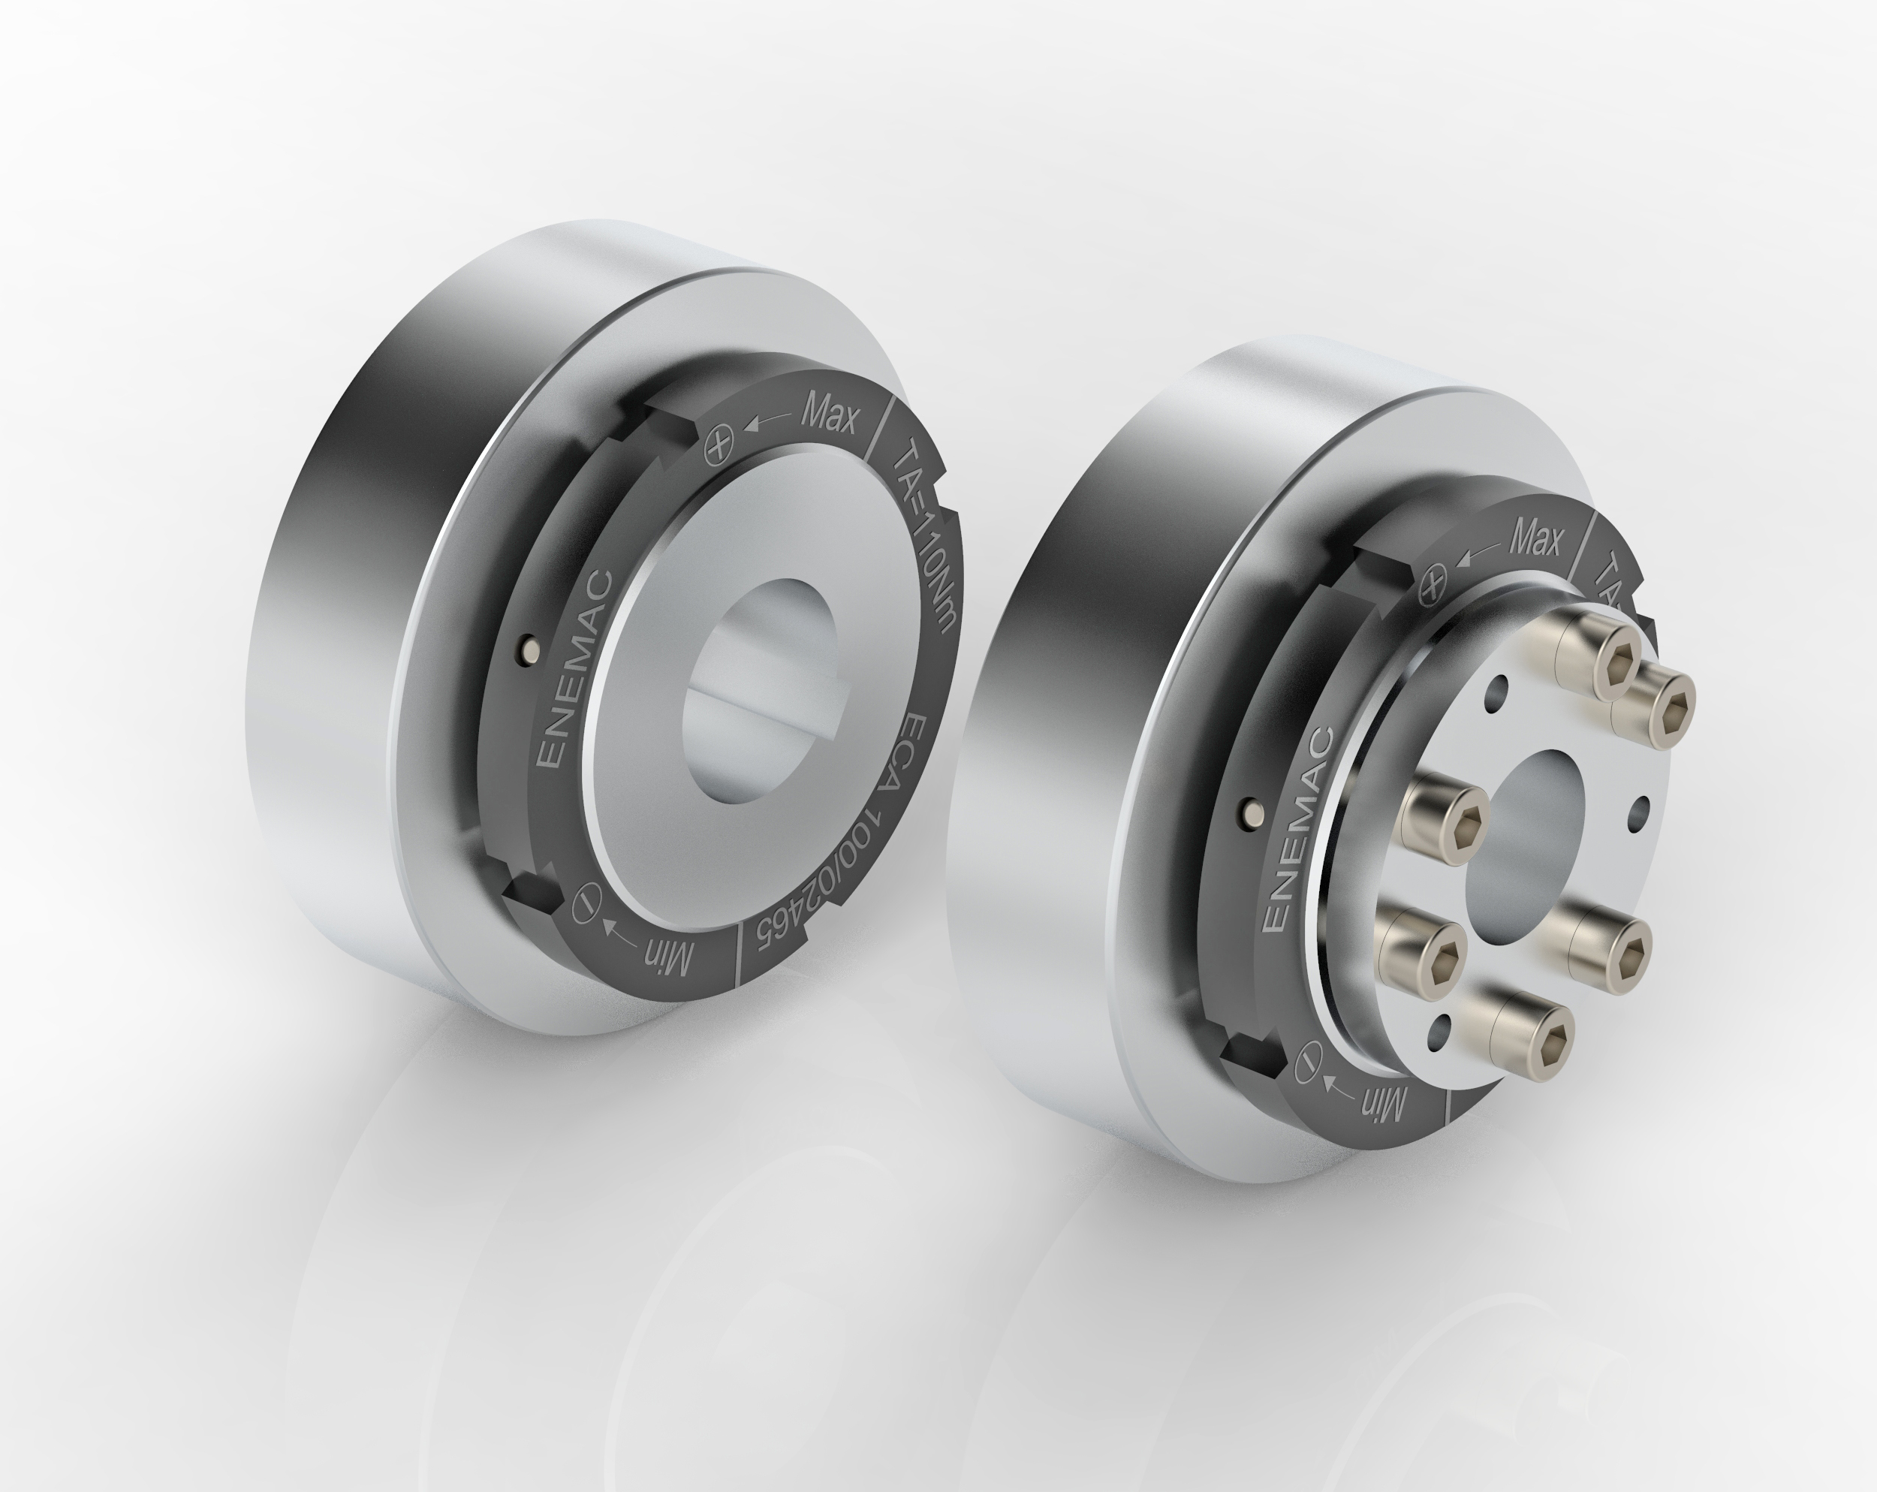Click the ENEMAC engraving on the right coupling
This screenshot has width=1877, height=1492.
[x=1295, y=830]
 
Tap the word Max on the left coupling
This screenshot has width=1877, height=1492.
[x=829, y=415]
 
